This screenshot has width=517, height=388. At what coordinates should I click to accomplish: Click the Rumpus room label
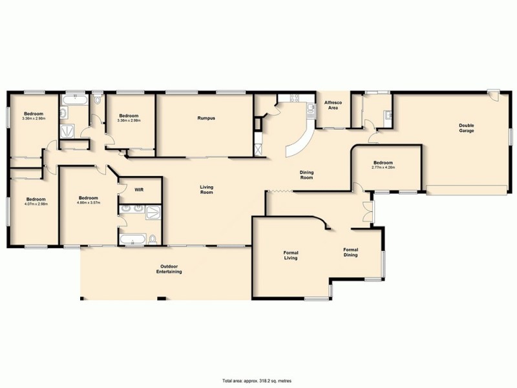tap(206, 118)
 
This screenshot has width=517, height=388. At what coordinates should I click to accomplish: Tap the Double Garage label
tap(467, 128)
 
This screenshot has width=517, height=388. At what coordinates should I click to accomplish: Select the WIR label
tap(139, 190)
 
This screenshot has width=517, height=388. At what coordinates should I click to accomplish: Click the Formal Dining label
tap(351, 253)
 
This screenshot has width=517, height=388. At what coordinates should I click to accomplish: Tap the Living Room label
tap(206, 190)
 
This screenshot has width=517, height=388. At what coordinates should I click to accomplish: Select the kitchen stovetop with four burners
tap(295, 98)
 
